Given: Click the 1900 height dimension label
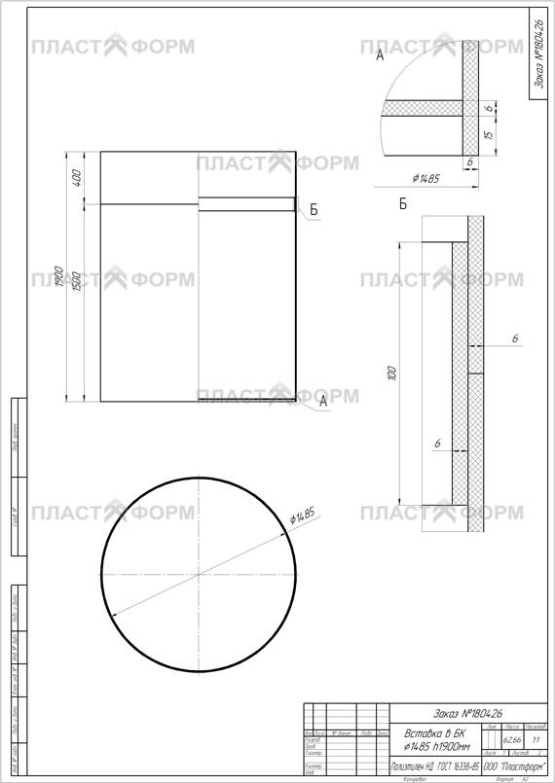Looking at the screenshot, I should click(60, 276).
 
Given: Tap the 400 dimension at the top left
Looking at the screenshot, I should click(78, 178).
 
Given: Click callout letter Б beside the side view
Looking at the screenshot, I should click(314, 210).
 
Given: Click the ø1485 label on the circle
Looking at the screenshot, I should click(306, 516).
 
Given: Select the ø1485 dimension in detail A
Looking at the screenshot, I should click(426, 179).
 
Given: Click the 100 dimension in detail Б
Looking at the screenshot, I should click(392, 374).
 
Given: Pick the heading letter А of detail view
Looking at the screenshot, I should click(381, 57).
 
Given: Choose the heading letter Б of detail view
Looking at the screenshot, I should click(402, 204).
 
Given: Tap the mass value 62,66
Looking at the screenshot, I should click(512, 741).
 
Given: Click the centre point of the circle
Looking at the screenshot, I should click(199, 574).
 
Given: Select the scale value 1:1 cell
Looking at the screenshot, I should click(536, 741).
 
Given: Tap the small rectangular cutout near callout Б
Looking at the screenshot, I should click(247, 204).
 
